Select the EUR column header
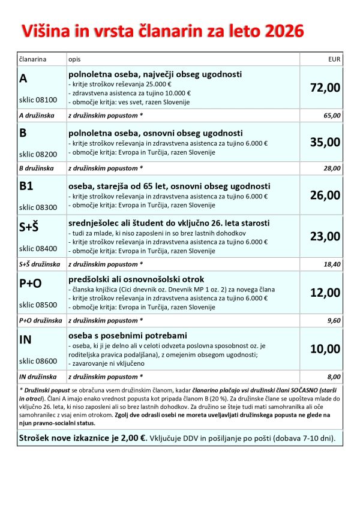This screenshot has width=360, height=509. pos(334,60)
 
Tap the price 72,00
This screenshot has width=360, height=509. pos(325,88)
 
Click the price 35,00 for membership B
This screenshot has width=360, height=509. pos(325,142)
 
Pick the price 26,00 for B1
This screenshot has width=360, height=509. pos(325,195)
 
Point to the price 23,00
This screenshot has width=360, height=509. pos(325,236)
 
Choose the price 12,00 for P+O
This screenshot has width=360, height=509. pos(325,293)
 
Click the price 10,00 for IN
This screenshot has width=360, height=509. pos(325,349)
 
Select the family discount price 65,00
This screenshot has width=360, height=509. pos(332,116)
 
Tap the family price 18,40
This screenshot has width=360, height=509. pos(332,264)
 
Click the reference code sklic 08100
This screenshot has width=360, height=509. pos(38,100)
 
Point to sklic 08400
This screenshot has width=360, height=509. pos(38,248)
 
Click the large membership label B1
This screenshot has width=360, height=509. pos(26,186)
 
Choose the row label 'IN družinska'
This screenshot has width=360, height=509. pos(37,377)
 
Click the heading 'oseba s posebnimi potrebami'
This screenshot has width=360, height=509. pos(128,335)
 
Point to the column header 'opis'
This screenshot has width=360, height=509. pos(74,60)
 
